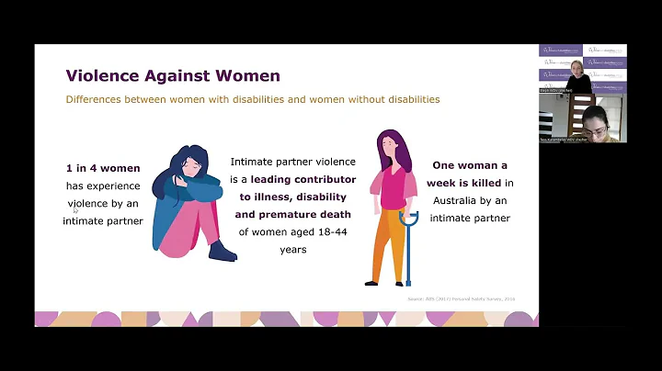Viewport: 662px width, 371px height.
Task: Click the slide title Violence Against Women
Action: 173,75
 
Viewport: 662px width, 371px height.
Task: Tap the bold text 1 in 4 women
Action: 103,168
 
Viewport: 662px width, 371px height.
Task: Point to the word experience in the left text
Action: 115,185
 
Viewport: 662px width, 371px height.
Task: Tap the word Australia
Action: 459,201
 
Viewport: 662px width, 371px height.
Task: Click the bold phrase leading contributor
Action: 291,179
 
